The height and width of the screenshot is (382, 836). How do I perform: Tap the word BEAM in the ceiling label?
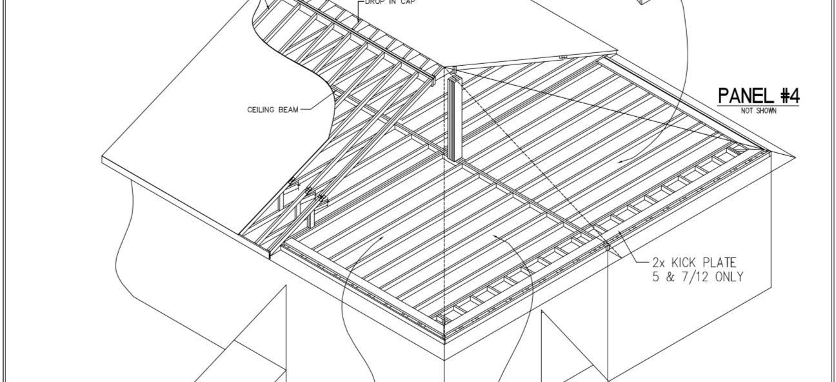click(x=288, y=110)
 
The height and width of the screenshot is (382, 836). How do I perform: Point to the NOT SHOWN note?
click(x=759, y=111)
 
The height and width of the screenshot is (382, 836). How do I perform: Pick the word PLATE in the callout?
click(x=720, y=263)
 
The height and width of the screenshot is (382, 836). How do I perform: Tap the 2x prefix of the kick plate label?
click(x=659, y=263)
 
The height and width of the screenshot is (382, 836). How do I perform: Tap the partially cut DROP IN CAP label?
click(x=390, y=3)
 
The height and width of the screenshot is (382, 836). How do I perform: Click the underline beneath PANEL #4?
click(x=759, y=105)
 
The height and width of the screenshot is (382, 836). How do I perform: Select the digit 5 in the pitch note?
click(x=657, y=277)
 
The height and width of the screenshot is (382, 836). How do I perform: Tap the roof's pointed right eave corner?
click(x=795, y=157)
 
